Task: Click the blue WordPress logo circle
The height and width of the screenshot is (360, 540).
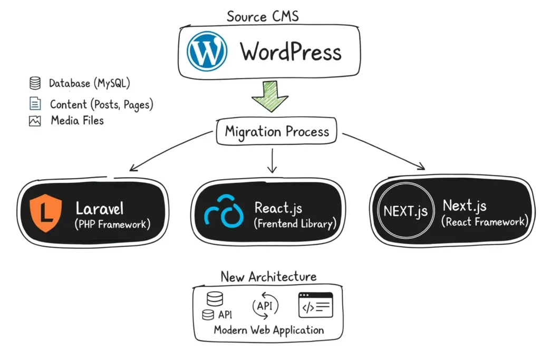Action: (207, 51)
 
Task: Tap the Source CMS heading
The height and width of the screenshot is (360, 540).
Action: (263, 16)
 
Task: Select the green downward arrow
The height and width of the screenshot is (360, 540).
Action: (269, 95)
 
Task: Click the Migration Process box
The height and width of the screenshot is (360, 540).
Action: (276, 132)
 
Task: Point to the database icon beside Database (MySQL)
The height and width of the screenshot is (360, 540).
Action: (35, 83)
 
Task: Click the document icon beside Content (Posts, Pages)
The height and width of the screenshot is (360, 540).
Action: (35, 104)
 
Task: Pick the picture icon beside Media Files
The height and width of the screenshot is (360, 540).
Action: (35, 121)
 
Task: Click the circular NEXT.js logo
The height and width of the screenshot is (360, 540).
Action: (406, 212)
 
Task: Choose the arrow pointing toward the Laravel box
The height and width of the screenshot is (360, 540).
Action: (169, 153)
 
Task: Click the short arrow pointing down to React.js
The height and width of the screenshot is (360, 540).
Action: (272, 161)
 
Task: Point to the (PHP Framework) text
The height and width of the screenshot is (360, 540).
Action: (113, 225)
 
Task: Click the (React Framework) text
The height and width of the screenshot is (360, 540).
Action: (484, 222)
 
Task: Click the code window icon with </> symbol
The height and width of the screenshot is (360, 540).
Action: (316, 305)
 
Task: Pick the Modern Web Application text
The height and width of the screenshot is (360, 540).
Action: (269, 330)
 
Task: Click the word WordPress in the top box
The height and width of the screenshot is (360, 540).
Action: (291, 52)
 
